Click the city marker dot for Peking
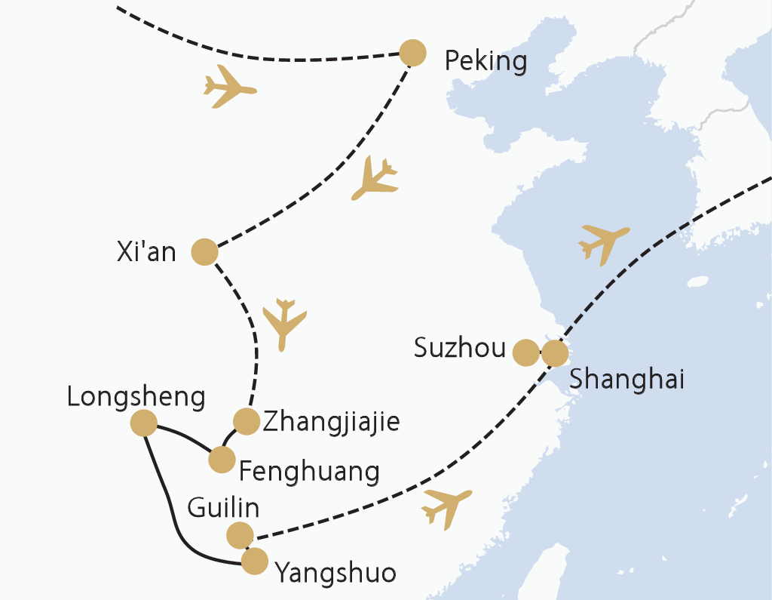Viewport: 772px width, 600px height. coord(412,53)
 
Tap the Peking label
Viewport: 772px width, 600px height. coord(486,60)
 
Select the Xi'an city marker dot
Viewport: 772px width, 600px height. coord(204,252)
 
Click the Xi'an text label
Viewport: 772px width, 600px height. coord(146,251)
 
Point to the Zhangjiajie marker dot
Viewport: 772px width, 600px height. coord(246,421)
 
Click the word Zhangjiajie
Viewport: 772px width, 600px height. coord(330,422)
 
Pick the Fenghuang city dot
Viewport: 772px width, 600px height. coord(221,459)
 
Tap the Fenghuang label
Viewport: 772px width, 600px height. coord(308,472)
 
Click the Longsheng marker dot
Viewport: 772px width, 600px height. coord(143,423)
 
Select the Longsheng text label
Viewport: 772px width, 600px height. coord(136,397)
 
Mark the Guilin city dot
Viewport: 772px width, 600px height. coord(240,535)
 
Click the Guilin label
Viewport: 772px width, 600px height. coord(223,509)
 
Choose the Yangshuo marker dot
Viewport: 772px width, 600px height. coord(254,561)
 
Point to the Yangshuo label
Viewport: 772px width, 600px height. coord(335,574)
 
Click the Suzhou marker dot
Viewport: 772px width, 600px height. coord(525,352)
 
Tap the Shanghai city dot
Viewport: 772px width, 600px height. coord(554,352)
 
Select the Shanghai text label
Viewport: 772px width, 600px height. coord(626,379)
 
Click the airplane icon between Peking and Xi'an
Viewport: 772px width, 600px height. coord(375,178)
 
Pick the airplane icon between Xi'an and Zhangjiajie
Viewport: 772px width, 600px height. coord(284,323)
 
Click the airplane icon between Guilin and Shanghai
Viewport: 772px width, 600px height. coord(447,506)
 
